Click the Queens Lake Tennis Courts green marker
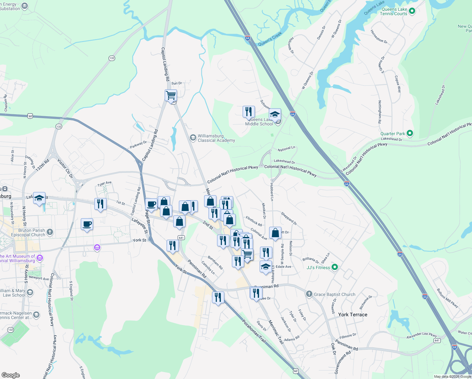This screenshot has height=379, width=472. tap(412, 12)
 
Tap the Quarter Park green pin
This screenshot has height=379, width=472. tap(410, 134)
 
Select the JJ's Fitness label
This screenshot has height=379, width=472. tap(318, 268)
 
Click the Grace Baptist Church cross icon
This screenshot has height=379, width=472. tap(309, 294)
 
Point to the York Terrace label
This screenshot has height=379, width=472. tap(352, 315)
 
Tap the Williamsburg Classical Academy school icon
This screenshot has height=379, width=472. tap(193, 138)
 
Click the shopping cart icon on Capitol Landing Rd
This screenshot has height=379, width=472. tap(171, 95)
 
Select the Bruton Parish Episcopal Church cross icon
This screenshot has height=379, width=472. tap(50, 232)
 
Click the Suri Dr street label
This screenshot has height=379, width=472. tap(176, 83)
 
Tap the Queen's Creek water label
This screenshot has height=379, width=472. tap(270, 39)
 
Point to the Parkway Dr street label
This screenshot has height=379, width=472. tap(138, 145)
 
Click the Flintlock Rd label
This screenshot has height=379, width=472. tap(254, 221)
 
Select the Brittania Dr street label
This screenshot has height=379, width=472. tap(310, 260)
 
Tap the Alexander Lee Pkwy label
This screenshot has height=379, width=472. tap(422, 335)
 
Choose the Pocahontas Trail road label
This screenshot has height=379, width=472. tap(254, 331)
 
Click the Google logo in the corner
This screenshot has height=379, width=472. tap(11, 375)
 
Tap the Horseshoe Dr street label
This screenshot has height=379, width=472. tap(379, 37)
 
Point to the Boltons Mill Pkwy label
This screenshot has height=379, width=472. tap(447, 298)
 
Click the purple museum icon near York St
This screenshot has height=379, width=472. tap(97, 248)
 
